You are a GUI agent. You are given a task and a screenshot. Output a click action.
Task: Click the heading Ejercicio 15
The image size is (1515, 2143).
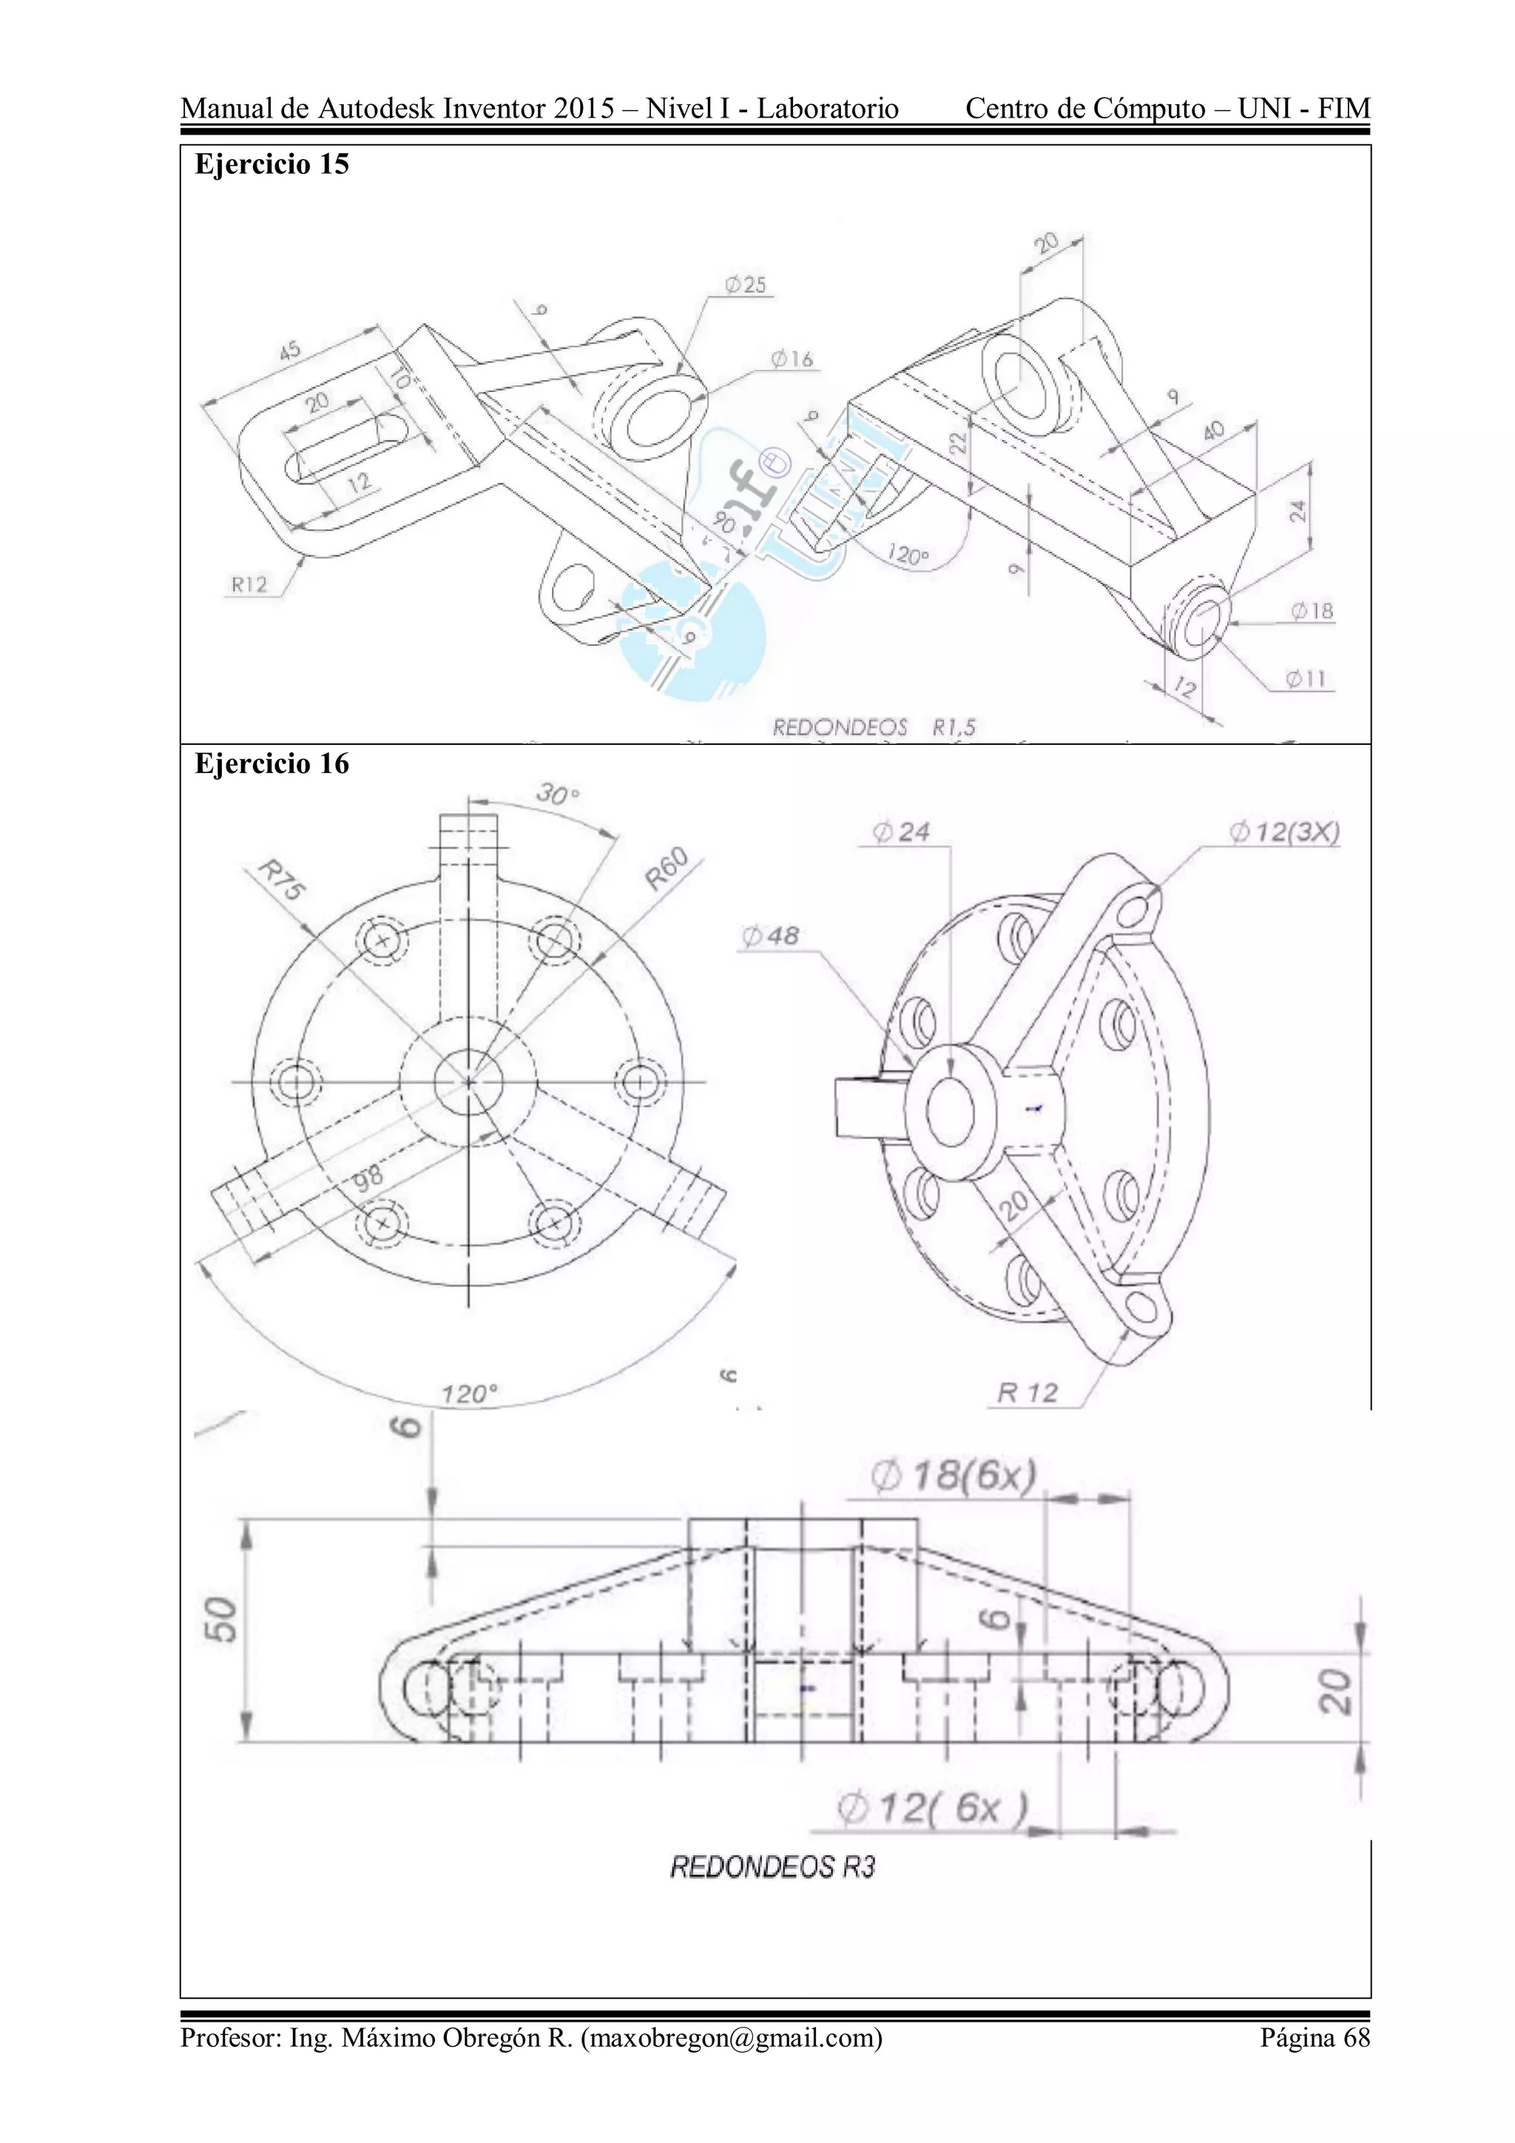pos(271,164)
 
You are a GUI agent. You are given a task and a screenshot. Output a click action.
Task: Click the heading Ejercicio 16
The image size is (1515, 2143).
pos(271,763)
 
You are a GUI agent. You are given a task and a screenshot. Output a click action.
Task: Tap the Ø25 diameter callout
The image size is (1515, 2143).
pos(745,285)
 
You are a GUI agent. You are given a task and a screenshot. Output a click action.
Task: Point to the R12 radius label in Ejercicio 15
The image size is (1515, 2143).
pos(249,585)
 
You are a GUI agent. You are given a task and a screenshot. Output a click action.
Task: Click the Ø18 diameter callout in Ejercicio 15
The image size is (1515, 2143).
pos(1312,611)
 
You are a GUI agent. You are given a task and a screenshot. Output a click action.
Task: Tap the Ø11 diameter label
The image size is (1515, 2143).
pos(1305,680)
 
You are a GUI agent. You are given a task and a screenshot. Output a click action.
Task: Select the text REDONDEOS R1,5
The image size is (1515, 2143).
pos(874,727)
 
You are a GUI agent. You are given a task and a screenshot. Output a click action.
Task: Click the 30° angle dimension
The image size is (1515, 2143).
pos(557,794)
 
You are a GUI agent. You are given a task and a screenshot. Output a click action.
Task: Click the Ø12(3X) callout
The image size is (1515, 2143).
pos(1283,831)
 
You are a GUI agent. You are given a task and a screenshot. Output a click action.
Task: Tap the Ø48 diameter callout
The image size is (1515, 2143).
pos(770,935)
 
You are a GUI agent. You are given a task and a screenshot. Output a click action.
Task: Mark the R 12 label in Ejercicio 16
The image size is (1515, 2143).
pos(1027,1394)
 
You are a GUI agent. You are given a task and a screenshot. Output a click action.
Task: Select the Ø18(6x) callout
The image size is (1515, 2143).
pos(953,1477)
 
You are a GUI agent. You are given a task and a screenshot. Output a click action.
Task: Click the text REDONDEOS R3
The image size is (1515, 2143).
pos(773,1867)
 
